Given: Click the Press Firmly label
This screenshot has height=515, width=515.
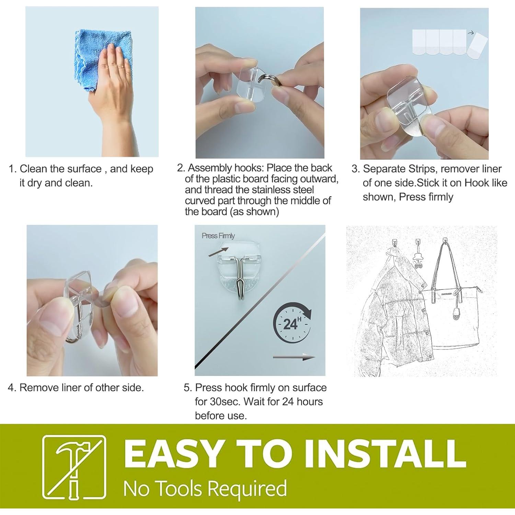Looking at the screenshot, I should click(218, 236).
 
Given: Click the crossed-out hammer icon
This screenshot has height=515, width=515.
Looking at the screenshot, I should click(74, 469).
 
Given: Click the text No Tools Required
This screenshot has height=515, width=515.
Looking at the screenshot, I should click(205, 488).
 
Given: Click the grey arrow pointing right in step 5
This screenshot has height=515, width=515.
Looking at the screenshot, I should click(294, 358).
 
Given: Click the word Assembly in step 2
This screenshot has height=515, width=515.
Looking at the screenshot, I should click(210, 168).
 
